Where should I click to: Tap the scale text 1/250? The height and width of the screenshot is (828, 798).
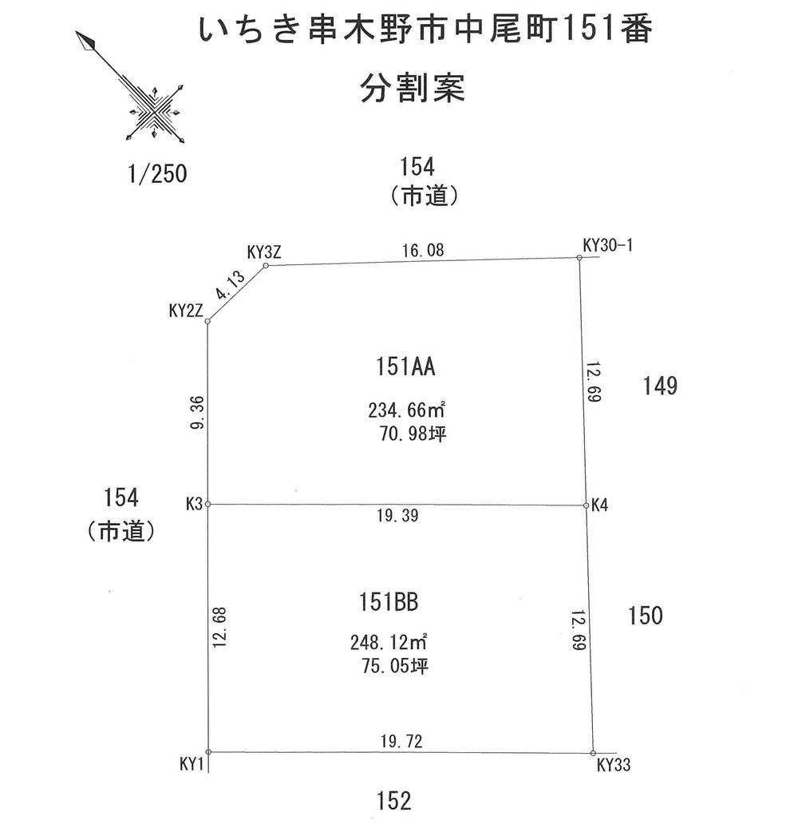[x=157, y=174]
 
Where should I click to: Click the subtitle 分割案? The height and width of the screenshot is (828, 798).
[x=413, y=88]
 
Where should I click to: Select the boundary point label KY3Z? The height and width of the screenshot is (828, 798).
[x=264, y=252]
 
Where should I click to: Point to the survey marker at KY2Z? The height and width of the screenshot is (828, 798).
[x=207, y=321]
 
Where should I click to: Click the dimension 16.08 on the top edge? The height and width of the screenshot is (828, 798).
[x=423, y=250]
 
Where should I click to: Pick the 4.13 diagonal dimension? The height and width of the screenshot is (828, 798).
[x=231, y=285]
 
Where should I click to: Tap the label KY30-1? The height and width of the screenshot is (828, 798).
[x=607, y=245]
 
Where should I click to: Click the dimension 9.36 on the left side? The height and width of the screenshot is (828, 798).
[x=197, y=413]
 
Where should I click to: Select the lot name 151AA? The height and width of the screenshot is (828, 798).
[x=405, y=366]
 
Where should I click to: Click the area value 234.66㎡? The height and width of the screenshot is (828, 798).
[x=406, y=410]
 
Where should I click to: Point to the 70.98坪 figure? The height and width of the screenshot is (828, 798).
[x=413, y=434]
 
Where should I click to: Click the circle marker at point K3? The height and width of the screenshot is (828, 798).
[x=207, y=505]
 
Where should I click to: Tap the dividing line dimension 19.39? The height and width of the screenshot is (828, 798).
[x=397, y=515]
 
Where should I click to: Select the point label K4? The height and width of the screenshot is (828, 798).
[x=599, y=505]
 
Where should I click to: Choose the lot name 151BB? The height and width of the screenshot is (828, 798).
[x=389, y=602]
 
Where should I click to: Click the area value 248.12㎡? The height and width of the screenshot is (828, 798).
[x=389, y=642]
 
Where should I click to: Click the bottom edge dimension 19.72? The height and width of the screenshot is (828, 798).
[x=401, y=742]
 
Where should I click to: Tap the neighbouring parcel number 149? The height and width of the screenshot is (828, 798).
[x=660, y=386]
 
